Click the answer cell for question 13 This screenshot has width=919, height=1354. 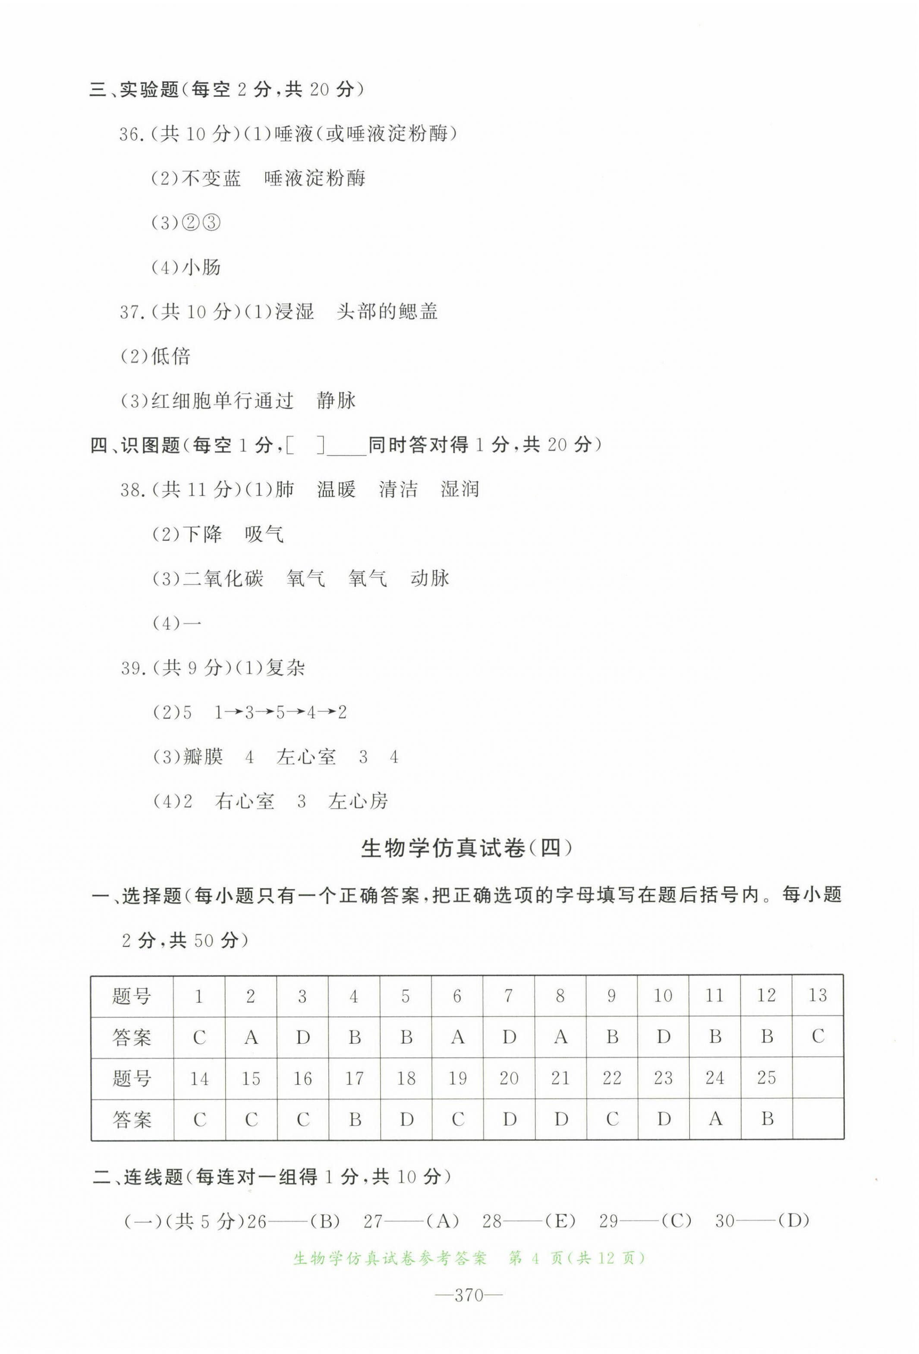pos(817,1036)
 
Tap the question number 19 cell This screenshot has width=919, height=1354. pos(457,1078)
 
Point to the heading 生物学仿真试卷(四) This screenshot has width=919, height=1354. pos(466,848)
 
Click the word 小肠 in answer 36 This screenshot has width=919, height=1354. pos(201,268)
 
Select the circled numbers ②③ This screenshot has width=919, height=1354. pos(201,223)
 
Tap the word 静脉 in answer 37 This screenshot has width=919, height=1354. pos(336,400)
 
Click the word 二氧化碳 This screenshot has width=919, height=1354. pos(223,578)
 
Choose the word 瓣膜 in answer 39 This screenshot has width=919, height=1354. pos(203,757)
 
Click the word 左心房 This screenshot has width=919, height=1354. pos(358,801)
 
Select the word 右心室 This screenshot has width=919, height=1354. pos(245,801)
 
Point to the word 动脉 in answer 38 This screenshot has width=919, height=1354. pos(430,578)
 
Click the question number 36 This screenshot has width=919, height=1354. pos(132,135)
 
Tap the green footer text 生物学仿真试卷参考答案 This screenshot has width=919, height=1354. pos(390,1259)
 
